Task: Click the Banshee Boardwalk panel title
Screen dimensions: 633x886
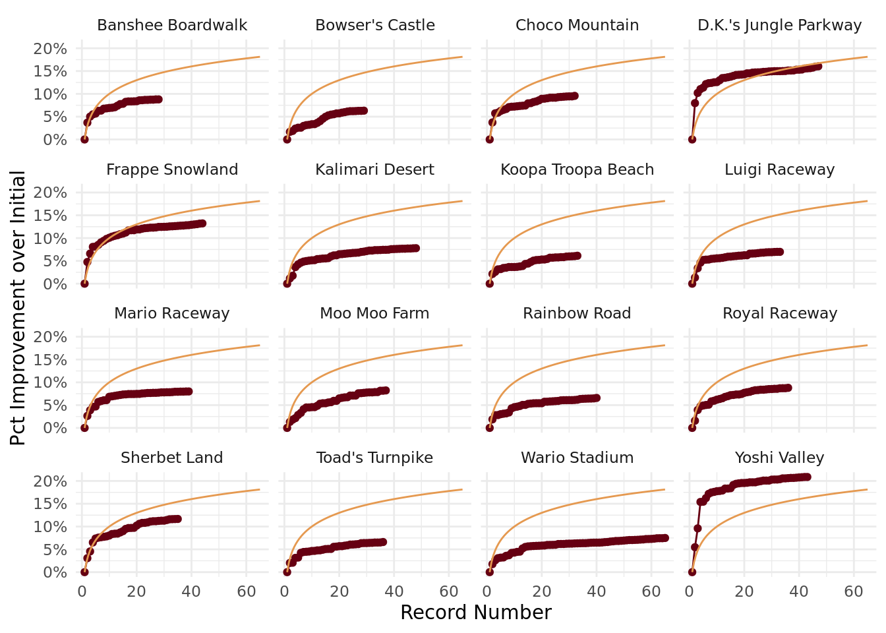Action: (x=172, y=25)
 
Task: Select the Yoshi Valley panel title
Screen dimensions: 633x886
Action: (x=779, y=458)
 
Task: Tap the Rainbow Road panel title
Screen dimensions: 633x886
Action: (x=577, y=313)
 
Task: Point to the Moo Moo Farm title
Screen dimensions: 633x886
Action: (x=374, y=313)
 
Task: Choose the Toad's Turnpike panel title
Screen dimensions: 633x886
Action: (x=374, y=458)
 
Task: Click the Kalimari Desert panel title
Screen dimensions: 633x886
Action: (x=374, y=169)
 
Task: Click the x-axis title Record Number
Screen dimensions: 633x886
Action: (x=475, y=613)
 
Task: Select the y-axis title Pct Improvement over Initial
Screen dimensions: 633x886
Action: (x=18, y=308)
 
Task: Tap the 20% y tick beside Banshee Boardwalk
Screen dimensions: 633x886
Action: (x=50, y=49)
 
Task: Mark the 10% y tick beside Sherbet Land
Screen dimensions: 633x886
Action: (x=50, y=527)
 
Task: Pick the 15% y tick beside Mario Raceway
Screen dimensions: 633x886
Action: (x=50, y=360)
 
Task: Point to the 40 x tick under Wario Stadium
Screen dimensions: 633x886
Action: (x=597, y=591)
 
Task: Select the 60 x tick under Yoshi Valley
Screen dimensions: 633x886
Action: (x=854, y=591)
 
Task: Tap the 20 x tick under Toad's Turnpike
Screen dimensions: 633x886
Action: (x=340, y=591)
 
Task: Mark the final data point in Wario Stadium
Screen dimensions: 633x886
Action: (x=664, y=538)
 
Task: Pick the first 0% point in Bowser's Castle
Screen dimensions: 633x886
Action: (x=287, y=139)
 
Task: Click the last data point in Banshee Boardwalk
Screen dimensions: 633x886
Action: (x=158, y=100)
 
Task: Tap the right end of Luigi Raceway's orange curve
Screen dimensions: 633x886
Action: (x=867, y=201)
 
